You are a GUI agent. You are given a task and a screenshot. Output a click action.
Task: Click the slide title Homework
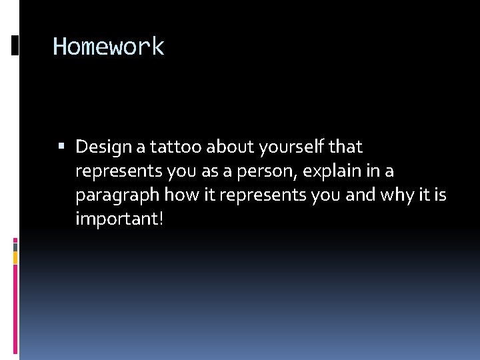[108, 47]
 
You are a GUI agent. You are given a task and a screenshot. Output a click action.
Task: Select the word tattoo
[172, 147]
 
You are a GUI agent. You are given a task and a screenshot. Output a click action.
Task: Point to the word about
[225, 147]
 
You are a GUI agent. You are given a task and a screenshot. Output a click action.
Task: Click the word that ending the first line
[345, 147]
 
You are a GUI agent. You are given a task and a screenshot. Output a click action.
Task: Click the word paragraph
[117, 196]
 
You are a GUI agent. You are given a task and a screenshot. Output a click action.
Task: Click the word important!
[119, 219]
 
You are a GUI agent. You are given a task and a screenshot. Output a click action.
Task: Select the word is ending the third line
[441, 195]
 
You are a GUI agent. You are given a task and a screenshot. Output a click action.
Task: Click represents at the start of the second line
[119, 171]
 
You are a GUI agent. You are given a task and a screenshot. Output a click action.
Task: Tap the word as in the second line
[210, 171]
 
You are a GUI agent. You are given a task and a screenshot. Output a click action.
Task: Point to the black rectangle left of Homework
[15, 46]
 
